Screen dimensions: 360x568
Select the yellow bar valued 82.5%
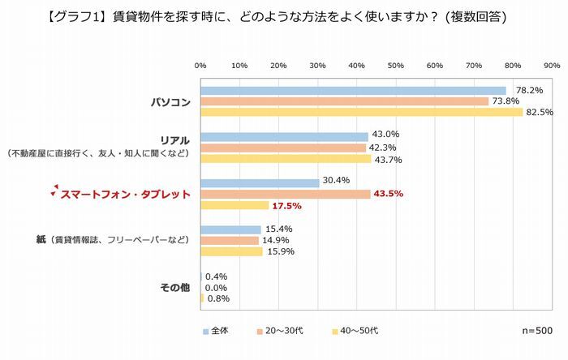pos(361,112)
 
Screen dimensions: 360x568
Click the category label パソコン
pos(170,101)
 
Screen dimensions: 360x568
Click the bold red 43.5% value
pos(387,194)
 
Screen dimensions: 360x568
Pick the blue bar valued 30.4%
pos(260,182)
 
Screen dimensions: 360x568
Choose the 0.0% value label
pos(216,287)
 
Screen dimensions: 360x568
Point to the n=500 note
pos(536,331)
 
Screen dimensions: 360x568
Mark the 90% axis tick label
pos(551,66)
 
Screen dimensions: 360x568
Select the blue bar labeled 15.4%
pos(230,229)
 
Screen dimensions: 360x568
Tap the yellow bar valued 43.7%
pos(286,159)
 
